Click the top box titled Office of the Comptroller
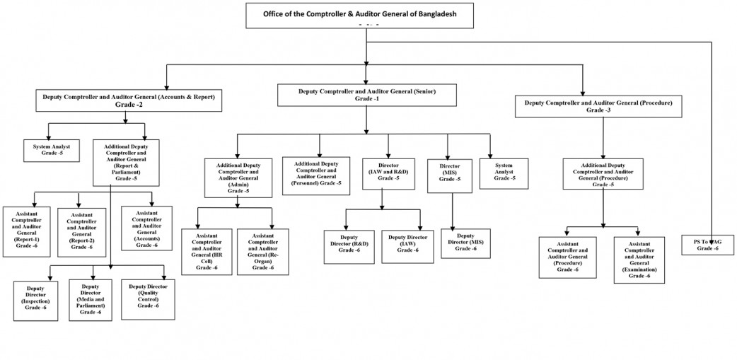click(367, 15)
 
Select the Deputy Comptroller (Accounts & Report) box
click(129, 100)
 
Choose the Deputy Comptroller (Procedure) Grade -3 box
click(598, 107)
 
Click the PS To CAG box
click(708, 245)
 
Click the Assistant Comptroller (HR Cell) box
click(206, 252)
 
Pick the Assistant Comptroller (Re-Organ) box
click(262, 252)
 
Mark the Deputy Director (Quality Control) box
click(148, 296)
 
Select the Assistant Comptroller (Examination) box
click(639, 260)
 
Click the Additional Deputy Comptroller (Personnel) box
click(315, 174)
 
